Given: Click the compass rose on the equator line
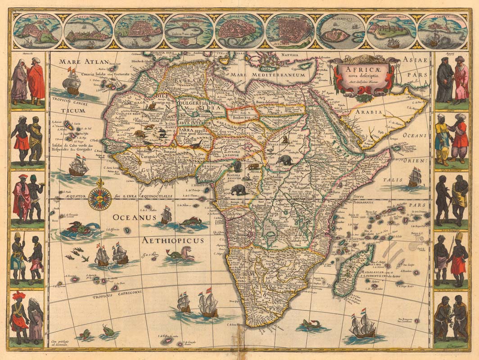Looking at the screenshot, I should click(x=99, y=198).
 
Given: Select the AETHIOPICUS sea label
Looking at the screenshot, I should click(x=173, y=241).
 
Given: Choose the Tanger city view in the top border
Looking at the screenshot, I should click(x=37, y=31).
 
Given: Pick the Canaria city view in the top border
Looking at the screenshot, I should click(x=442, y=31).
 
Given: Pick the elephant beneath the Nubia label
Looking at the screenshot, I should click(x=284, y=159).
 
